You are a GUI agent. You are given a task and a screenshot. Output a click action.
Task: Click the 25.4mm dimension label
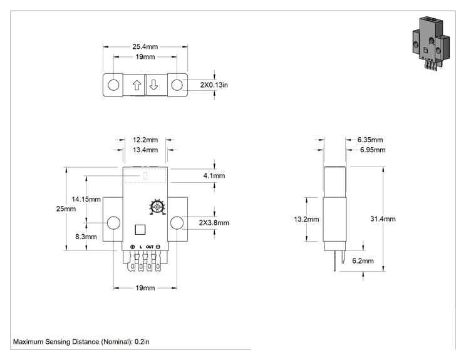click(x=145, y=46)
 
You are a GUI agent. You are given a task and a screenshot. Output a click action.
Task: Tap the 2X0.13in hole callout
click(x=214, y=85)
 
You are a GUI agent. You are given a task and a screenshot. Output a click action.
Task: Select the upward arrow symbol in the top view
click(x=137, y=85)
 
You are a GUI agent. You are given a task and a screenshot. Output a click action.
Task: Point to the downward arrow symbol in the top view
click(x=153, y=85)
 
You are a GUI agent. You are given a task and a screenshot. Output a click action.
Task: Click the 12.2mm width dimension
click(x=145, y=140)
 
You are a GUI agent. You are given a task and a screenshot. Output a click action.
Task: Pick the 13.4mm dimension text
click(x=145, y=150)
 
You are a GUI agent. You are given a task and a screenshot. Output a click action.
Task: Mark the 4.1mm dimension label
click(x=214, y=176)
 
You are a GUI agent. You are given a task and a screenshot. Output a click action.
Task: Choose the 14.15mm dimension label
click(x=86, y=199)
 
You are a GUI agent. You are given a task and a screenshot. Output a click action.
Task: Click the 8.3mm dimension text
click(x=86, y=237)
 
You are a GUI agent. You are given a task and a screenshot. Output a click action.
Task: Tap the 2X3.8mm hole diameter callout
click(x=214, y=223)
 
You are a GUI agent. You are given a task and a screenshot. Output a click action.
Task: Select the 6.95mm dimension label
click(x=373, y=150)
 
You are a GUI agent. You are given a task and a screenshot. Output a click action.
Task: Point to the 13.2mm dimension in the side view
click(x=306, y=219)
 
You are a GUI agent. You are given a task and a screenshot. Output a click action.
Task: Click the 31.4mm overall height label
click(x=383, y=219)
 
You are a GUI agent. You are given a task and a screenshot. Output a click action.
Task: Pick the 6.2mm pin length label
click(x=363, y=261)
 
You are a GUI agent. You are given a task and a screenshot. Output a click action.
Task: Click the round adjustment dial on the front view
click(x=157, y=207)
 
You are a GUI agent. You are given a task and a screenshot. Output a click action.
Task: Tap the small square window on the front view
click(x=140, y=230)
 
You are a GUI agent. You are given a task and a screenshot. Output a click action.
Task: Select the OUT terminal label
click(x=150, y=247)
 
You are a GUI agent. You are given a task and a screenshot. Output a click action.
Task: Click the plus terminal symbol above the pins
click(x=133, y=247)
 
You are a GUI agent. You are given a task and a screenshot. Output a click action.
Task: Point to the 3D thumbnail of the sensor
click(x=431, y=43)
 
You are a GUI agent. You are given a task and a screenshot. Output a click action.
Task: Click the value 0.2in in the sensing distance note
click(x=142, y=342)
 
